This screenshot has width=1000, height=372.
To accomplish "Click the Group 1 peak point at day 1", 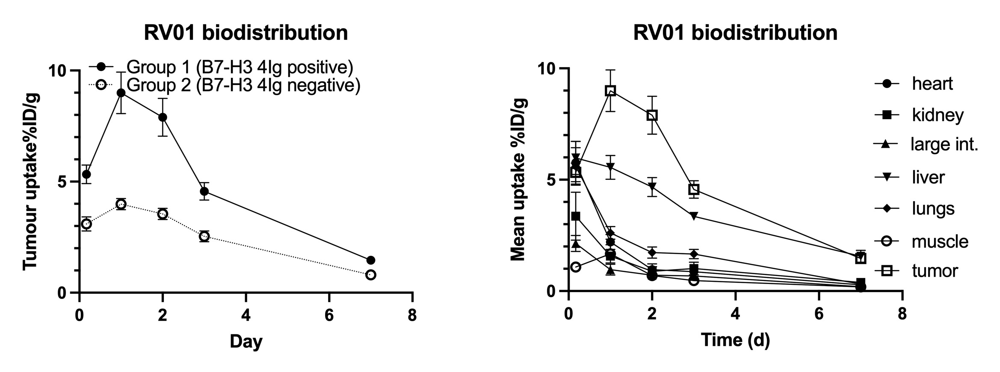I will [121, 93].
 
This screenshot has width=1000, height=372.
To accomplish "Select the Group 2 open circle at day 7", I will [371, 275].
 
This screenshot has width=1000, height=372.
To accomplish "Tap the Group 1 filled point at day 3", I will [204, 191].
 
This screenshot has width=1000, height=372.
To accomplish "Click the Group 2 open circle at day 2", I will [163, 214].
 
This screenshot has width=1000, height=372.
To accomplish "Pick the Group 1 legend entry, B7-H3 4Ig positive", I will [240, 67].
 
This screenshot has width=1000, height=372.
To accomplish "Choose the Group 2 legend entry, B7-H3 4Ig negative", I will [243, 85].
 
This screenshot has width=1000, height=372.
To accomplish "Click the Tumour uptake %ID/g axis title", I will [31, 182].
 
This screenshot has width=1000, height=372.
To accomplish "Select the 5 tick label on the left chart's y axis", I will [62, 182].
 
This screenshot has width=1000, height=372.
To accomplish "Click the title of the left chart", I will [246, 33].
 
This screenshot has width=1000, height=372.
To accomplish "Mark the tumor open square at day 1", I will [610, 91].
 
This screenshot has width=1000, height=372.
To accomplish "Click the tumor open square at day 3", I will [694, 189].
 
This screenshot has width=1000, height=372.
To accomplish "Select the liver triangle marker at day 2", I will [652, 187].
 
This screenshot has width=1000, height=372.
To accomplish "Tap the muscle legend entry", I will [940, 241].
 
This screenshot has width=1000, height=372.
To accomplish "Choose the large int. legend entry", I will [944, 145].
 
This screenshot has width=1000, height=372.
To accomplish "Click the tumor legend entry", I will [935, 271].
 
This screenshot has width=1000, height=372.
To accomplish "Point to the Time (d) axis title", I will [735, 340].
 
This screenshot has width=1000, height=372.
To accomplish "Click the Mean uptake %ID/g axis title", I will [518, 179].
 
